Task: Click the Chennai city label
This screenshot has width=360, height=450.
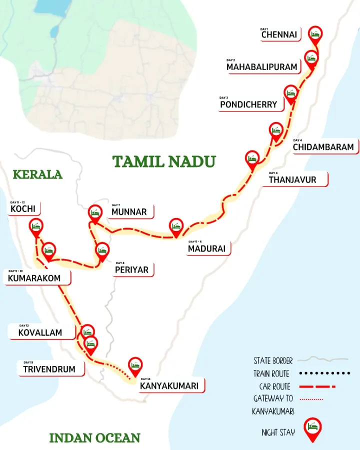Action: [x=279, y=34]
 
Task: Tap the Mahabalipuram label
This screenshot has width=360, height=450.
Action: [x=262, y=66]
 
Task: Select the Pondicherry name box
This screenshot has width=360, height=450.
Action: [x=248, y=104]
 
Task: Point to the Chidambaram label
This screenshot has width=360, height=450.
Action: [x=323, y=147]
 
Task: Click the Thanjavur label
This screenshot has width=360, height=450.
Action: [x=292, y=179]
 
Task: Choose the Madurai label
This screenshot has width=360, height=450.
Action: [x=207, y=248]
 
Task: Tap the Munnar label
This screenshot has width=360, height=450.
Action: [x=129, y=211]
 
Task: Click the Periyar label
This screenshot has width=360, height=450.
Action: [x=131, y=269]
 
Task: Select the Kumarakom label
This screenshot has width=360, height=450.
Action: [x=34, y=278]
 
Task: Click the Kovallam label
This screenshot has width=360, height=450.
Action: [x=40, y=332]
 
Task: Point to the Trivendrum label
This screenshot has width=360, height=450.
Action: [x=49, y=369]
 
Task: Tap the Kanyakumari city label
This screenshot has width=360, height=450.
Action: [x=169, y=385]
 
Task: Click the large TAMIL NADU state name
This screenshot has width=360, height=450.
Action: [x=164, y=161]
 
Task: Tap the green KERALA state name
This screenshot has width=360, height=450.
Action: [x=37, y=174]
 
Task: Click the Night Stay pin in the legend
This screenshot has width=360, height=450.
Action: [x=312, y=429]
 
